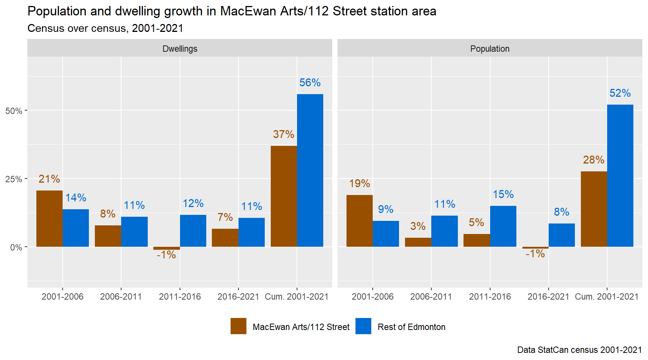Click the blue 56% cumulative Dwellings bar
click(x=310, y=171)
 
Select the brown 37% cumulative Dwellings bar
click(x=283, y=196)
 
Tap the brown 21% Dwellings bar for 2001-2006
click(x=49, y=219)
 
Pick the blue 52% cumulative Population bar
click(x=620, y=175)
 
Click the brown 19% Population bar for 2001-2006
click(x=360, y=221)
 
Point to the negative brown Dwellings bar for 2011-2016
click(x=166, y=248)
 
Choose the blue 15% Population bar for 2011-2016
click(x=503, y=226)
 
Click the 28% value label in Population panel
click(x=594, y=160)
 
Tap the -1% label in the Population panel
click(x=535, y=254)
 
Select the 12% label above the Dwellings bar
click(x=193, y=203)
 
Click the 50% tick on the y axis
click(x=13, y=111)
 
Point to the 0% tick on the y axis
click(x=16, y=247)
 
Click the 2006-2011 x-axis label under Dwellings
click(x=121, y=297)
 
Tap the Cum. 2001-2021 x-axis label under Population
click(x=607, y=297)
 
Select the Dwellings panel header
click(x=180, y=49)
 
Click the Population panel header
click(x=490, y=49)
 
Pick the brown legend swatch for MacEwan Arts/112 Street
click(x=238, y=326)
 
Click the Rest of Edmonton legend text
click(x=411, y=327)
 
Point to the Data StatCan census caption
click(x=579, y=350)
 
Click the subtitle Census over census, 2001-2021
click(x=105, y=28)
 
